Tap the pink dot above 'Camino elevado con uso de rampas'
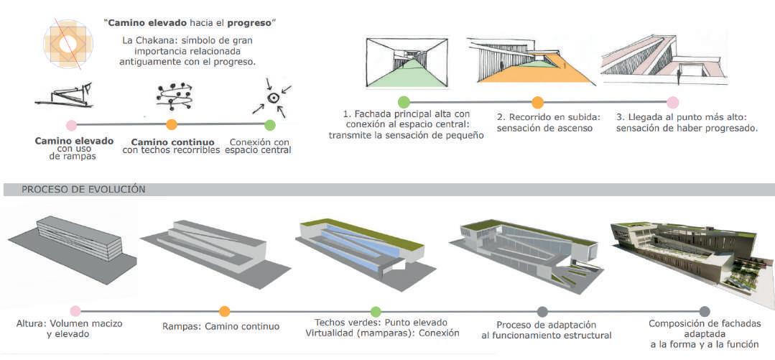click(x=70, y=125)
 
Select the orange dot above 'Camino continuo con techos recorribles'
click(x=172, y=125)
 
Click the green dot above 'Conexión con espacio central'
click(x=270, y=125)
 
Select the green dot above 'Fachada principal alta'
click(x=404, y=102)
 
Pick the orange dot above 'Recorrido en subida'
click(x=537, y=102)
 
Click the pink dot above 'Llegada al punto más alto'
click(x=672, y=102)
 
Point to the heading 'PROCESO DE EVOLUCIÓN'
click(x=83, y=190)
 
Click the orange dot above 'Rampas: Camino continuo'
click(x=225, y=311)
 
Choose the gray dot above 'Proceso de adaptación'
click(x=542, y=311)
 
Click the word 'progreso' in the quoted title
click(x=253, y=23)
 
